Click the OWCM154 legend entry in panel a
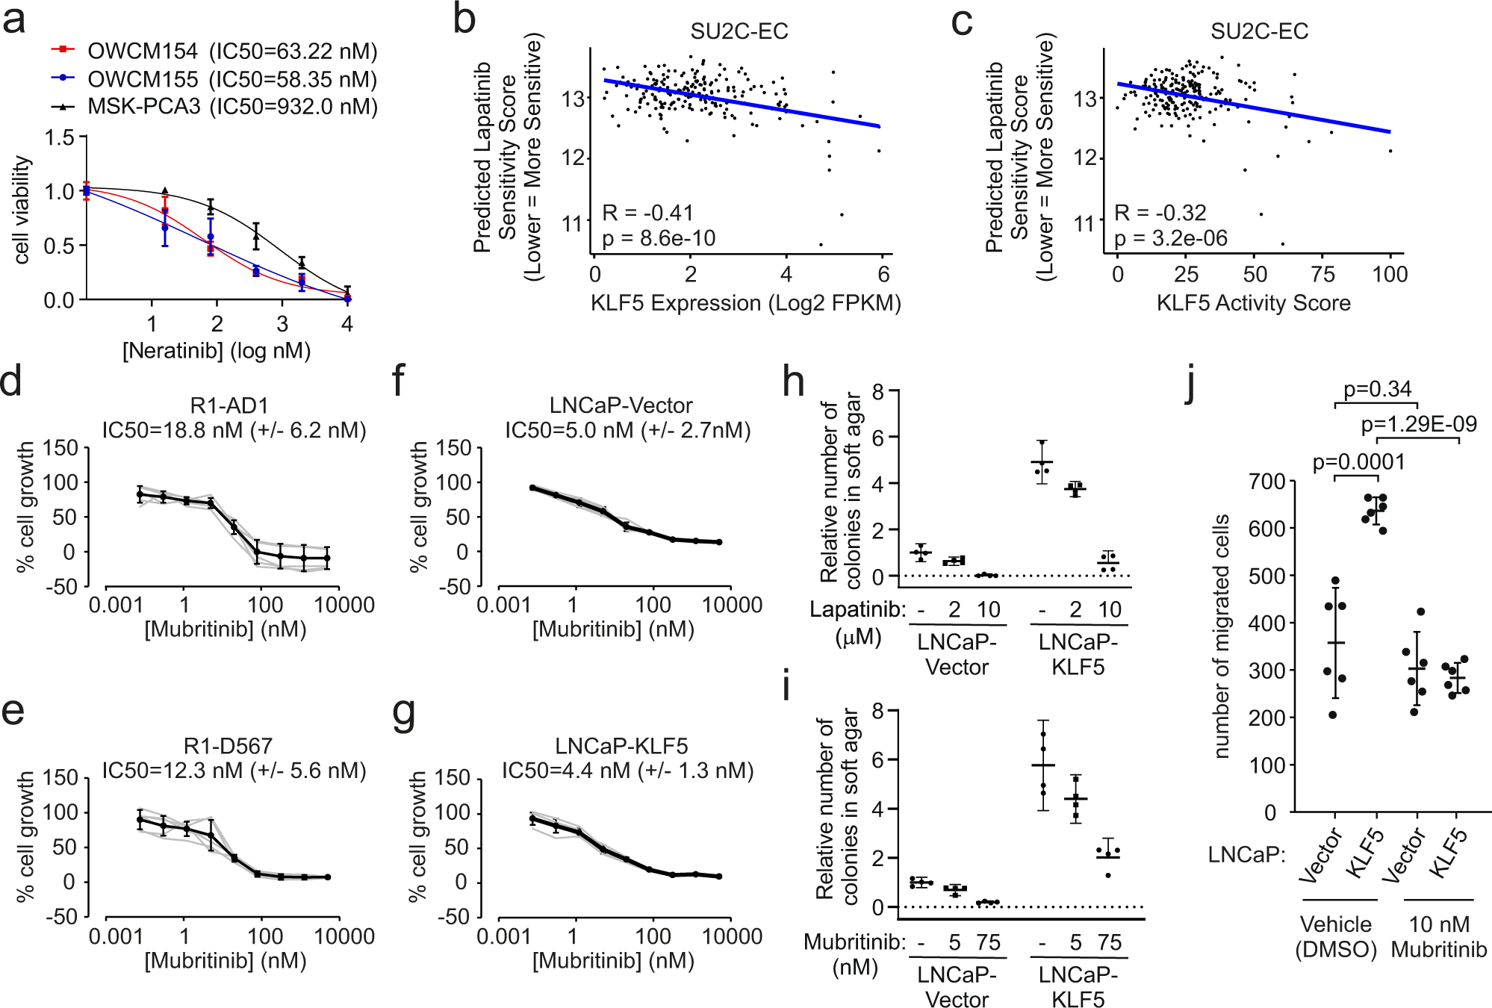tap(142, 52)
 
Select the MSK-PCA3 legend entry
tap(143, 107)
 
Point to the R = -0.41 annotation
tap(648, 213)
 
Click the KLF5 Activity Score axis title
tap(1253, 303)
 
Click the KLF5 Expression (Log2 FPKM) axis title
tap(745, 303)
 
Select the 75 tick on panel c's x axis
tap(1322, 275)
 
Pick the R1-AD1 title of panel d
tap(229, 405)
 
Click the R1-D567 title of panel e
tap(228, 745)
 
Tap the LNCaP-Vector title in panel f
tap(621, 405)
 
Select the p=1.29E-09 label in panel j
tap(1418, 425)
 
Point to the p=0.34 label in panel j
tap(1377, 390)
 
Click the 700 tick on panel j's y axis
tap(1266, 482)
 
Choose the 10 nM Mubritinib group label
tap(1438, 936)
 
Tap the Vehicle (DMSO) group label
tap(1335, 936)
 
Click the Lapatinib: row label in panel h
tap(857, 610)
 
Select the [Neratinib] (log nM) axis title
tap(217, 350)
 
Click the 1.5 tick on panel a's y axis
tap(60, 137)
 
